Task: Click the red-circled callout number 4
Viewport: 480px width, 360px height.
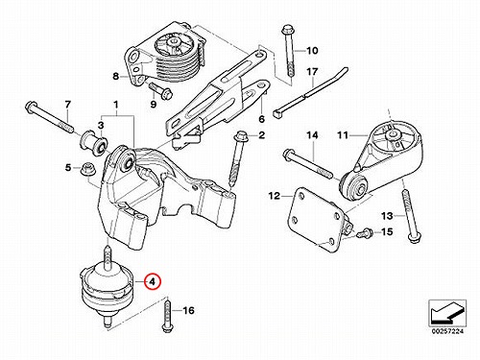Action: click(x=153, y=282)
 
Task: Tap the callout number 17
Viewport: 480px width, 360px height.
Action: click(x=312, y=71)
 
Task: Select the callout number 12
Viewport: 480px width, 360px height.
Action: click(x=275, y=196)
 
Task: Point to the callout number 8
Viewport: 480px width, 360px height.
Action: click(x=115, y=76)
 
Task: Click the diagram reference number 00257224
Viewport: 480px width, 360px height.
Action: click(x=447, y=331)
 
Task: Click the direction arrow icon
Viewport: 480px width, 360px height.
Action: click(x=447, y=313)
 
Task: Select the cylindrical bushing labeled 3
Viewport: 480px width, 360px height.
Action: click(x=93, y=142)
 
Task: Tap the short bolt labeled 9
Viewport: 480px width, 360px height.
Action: click(x=160, y=90)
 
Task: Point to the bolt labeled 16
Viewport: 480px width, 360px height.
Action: click(x=167, y=315)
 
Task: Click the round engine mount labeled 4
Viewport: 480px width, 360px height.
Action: click(x=107, y=285)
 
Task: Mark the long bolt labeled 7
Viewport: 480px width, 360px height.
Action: click(x=49, y=117)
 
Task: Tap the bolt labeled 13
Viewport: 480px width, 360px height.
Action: click(x=410, y=216)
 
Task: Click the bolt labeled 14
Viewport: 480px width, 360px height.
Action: click(x=307, y=164)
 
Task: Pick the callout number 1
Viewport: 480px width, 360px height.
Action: click(x=115, y=105)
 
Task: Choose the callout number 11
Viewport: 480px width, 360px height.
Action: click(x=343, y=135)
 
